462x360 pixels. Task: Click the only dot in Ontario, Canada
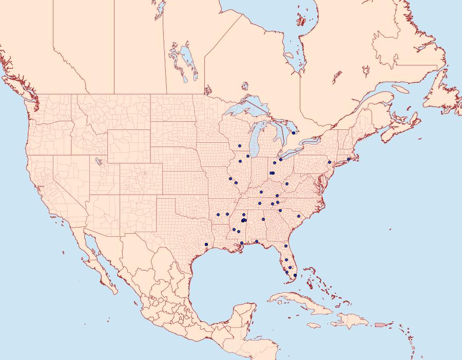[x=293, y=133]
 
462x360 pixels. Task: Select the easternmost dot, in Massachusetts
[x=349, y=159]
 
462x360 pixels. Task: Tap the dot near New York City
[x=330, y=162]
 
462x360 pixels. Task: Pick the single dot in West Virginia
[x=287, y=184]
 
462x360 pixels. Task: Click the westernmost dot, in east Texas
[x=206, y=244]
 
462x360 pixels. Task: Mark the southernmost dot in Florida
[x=295, y=276]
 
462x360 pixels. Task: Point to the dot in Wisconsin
[x=240, y=146]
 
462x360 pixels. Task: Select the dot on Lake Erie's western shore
[x=281, y=160]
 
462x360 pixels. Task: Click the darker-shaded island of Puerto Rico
[x=380, y=324]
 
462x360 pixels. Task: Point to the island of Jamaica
[x=316, y=325]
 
